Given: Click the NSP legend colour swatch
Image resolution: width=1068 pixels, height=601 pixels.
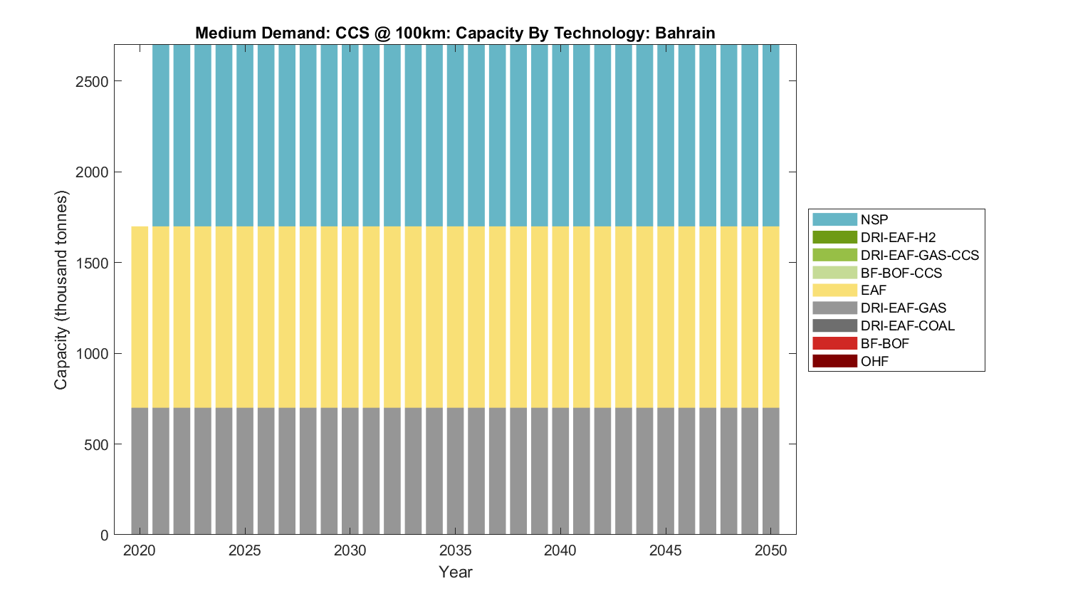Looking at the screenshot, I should click(834, 219).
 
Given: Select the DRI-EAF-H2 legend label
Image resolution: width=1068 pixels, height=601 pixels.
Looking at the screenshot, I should click(898, 237).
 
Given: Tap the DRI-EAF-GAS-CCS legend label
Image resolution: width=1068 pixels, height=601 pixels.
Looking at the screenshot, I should click(919, 255).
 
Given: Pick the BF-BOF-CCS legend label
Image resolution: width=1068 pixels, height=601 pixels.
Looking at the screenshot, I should click(901, 273).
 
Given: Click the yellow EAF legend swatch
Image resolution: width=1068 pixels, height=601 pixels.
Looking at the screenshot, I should click(834, 290).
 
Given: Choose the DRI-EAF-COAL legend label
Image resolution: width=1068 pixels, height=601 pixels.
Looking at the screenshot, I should click(907, 325).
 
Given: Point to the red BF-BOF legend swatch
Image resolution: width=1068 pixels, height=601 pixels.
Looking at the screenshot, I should click(834, 343).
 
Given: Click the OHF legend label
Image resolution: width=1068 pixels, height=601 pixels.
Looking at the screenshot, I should click(874, 361).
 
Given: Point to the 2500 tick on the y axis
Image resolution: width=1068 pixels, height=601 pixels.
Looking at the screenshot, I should click(92, 81).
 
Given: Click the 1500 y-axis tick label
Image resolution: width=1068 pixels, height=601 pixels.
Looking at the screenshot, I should click(92, 263).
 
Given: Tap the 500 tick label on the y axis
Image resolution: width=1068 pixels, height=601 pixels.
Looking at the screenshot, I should click(96, 444).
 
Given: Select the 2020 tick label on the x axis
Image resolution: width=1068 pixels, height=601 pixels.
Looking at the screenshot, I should click(140, 550).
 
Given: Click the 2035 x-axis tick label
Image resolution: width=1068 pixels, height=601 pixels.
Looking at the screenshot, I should click(455, 550).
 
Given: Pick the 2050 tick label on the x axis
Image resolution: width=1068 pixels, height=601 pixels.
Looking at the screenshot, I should click(771, 550).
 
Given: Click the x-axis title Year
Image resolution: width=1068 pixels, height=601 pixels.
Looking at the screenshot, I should click(455, 572).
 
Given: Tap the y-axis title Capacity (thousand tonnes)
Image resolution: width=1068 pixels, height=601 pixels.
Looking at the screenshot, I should click(61, 290).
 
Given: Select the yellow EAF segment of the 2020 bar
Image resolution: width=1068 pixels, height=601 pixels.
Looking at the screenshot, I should click(140, 317).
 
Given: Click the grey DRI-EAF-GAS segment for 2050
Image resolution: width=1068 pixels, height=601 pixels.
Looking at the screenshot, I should click(771, 470).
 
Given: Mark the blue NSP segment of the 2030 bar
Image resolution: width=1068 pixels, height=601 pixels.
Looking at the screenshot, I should click(350, 135).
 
